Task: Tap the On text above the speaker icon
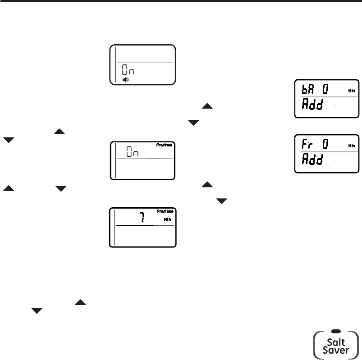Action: pyautogui.click(x=128, y=71)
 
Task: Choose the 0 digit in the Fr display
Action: pyautogui.click(x=324, y=145)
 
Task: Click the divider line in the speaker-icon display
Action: pyautogui.click(x=144, y=62)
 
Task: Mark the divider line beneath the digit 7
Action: pyautogui.click(x=144, y=225)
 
